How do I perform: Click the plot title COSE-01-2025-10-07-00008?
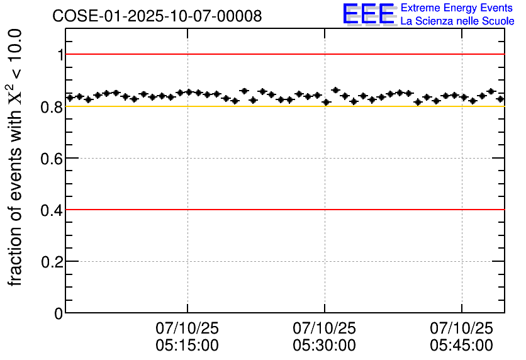tap(157, 16)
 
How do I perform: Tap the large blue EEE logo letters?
tap(369, 14)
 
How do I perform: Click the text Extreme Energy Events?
tap(457, 8)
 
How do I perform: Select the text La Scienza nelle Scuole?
tap(457, 21)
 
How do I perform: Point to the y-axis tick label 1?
tap(60, 55)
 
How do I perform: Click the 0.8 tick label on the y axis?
tap(52, 106)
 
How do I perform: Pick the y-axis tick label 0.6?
tap(52, 158)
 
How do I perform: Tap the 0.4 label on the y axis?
tap(52, 210)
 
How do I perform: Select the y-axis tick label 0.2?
tap(52, 261)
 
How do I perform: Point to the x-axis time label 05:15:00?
tap(187, 346)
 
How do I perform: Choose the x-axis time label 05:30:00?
tap(324, 346)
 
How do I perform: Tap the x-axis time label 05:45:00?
tap(461, 346)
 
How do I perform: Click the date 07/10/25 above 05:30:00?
tap(324, 329)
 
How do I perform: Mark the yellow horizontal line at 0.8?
tap(283, 106)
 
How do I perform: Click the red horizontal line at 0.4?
tap(283, 210)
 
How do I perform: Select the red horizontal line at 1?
tap(283, 55)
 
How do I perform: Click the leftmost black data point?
tap(70, 98)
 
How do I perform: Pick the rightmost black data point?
tap(500, 99)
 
